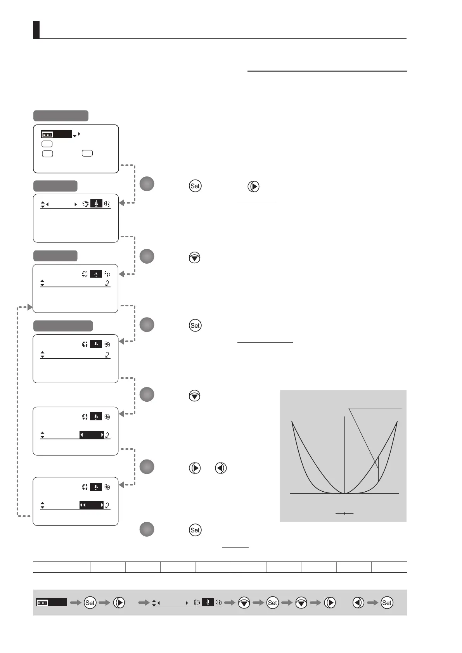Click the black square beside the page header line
36,30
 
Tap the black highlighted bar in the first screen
62,135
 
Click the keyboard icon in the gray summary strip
42,603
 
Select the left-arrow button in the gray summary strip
358,603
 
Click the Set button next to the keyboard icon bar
90,603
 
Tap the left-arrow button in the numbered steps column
221,468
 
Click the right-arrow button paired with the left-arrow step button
195,468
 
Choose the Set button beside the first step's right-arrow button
195,186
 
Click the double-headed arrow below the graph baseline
344,513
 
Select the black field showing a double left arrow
92,505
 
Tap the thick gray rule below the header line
327,71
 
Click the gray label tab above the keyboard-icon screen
61,116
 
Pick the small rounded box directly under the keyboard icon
47,144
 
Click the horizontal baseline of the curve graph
344,493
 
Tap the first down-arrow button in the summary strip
244,603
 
